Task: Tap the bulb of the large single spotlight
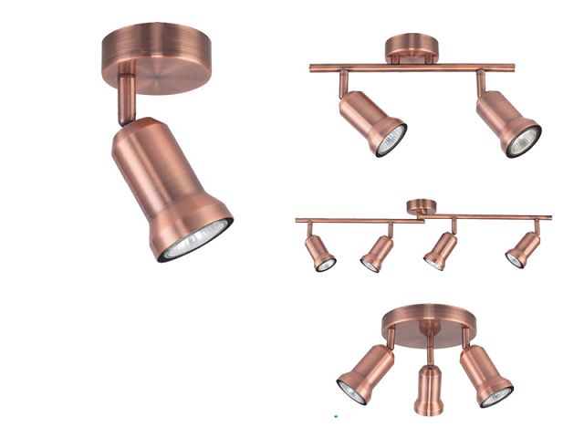coord(197,240)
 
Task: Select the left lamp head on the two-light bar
coord(370,120)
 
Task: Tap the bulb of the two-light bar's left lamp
coord(391,141)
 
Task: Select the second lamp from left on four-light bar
coord(376,252)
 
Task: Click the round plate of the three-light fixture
coord(428,320)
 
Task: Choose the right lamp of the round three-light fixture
coord(485,374)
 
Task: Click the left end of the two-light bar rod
coord(313,68)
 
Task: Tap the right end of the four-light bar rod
coord(548,217)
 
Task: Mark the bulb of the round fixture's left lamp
coord(351,391)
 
